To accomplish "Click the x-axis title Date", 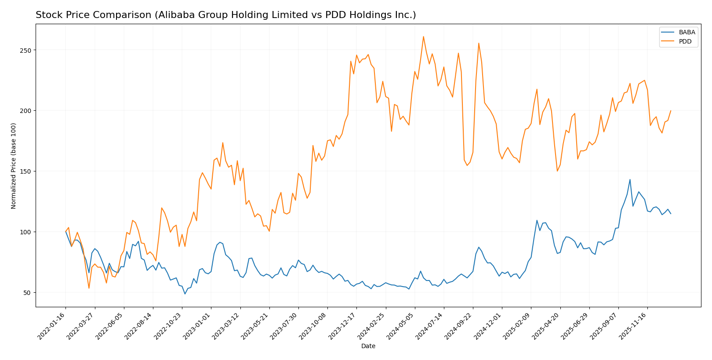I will point(368,346).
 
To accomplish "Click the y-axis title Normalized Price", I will point(14,166).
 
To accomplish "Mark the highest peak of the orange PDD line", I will point(423,36).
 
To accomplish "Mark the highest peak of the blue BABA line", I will point(630,179).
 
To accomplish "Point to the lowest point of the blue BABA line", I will point(185,294).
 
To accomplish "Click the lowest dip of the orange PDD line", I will point(89,288).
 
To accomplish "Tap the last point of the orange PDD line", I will point(671,111).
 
